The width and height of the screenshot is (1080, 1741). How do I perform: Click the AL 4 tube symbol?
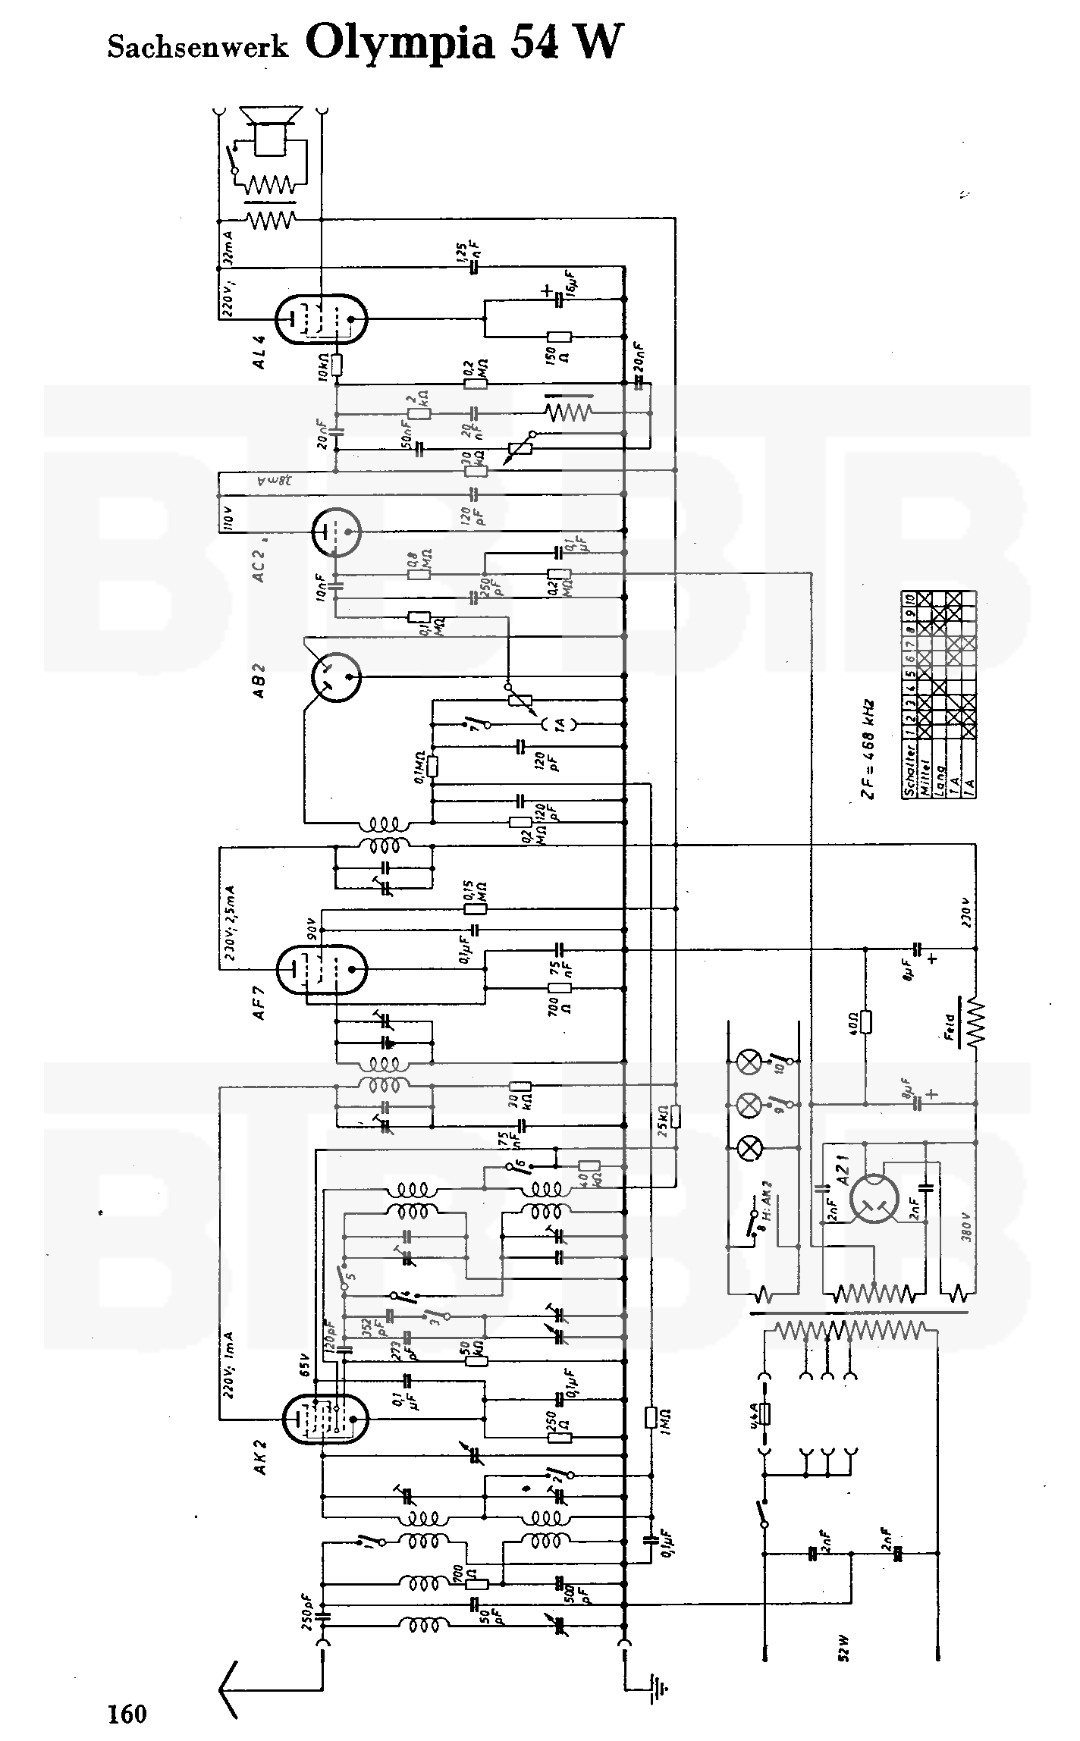(320, 319)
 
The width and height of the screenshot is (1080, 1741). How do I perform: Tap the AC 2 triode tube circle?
(337, 531)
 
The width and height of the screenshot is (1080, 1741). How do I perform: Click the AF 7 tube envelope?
(321, 969)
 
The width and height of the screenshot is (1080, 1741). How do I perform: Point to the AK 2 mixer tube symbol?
(324, 1417)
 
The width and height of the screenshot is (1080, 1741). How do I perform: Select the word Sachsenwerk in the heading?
(197, 47)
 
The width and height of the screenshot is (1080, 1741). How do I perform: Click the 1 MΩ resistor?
(650, 1417)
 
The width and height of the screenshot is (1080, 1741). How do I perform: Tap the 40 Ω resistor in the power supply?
(865, 1022)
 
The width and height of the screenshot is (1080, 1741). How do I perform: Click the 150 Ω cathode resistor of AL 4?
(559, 337)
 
